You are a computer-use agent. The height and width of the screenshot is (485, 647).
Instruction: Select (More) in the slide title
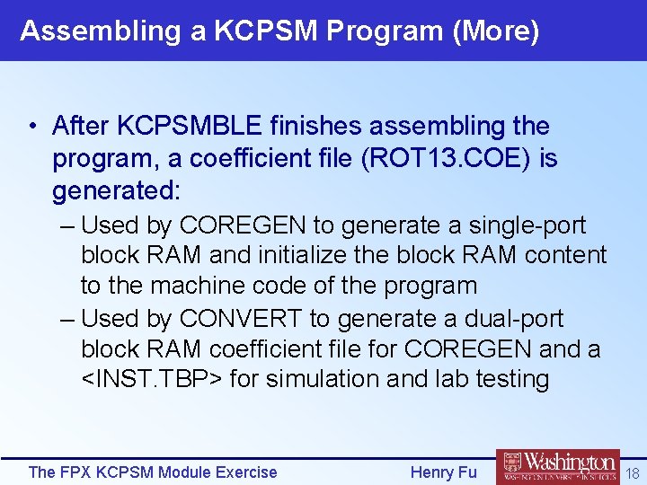pyautogui.click(x=496, y=31)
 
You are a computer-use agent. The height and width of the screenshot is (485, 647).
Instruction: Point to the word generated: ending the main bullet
pyautogui.click(x=117, y=190)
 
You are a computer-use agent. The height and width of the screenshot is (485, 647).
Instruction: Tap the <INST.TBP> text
pyautogui.click(x=151, y=379)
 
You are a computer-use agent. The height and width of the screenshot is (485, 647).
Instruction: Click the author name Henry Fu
pyautogui.click(x=443, y=472)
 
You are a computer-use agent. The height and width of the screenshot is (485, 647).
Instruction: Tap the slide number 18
pyautogui.click(x=633, y=472)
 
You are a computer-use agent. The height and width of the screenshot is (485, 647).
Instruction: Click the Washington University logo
pyautogui.click(x=557, y=467)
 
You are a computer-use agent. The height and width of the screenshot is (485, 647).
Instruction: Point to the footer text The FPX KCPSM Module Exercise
pyautogui.click(x=153, y=472)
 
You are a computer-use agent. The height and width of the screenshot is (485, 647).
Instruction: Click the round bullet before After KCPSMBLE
pyautogui.click(x=32, y=127)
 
